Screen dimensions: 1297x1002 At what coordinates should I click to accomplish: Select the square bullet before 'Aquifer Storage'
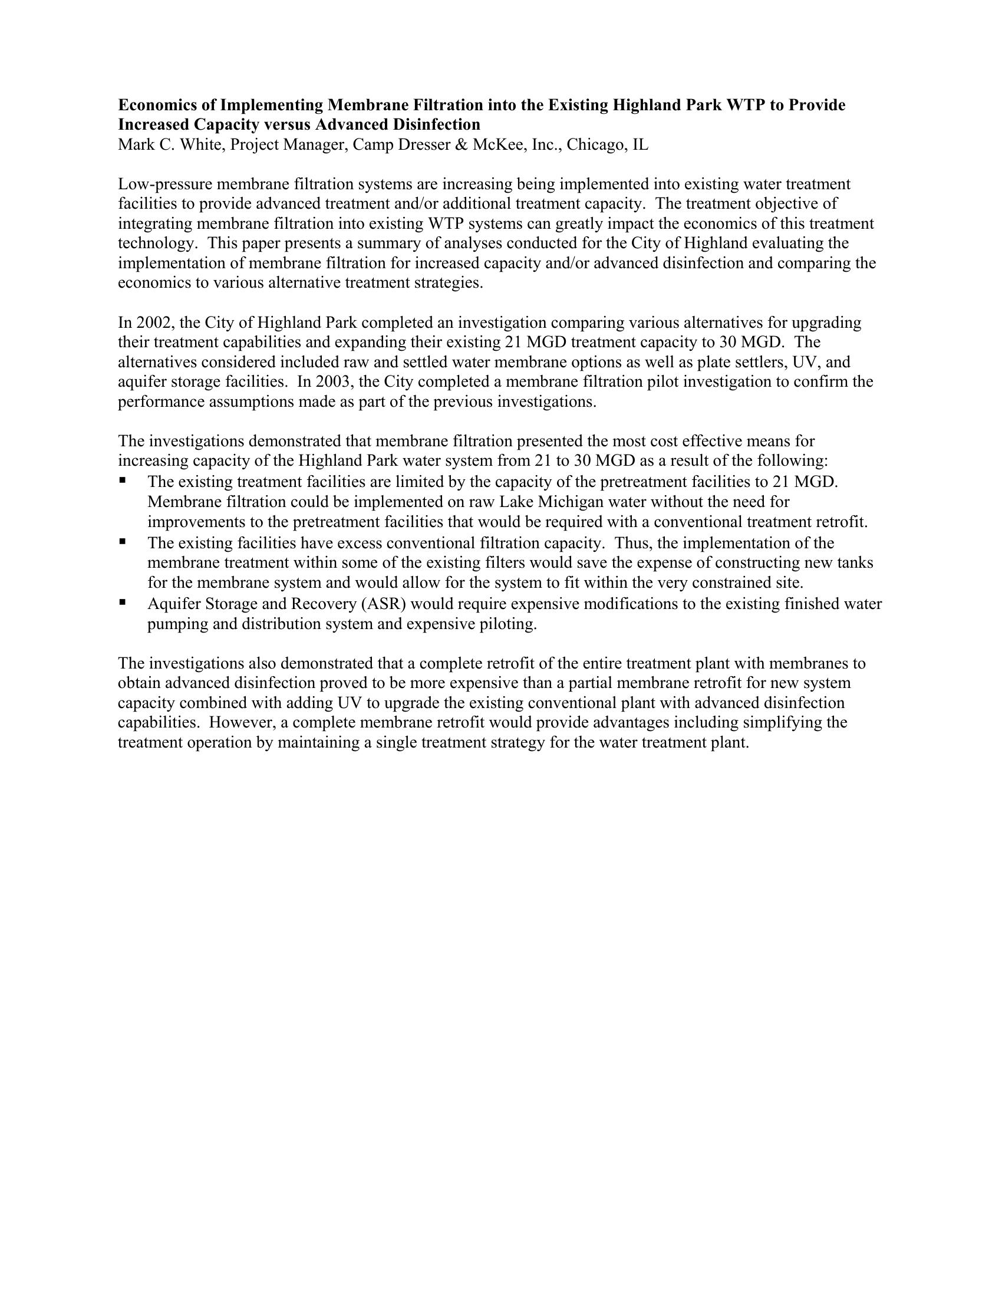(x=123, y=601)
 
